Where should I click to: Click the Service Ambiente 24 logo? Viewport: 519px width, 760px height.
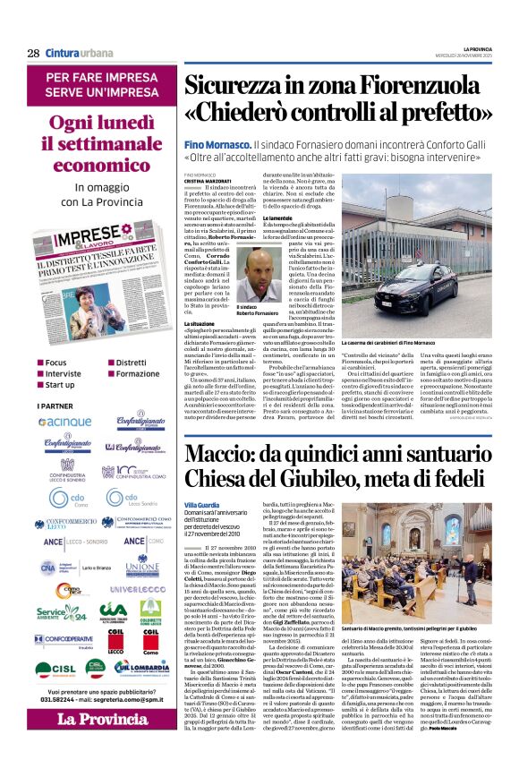[x=62, y=613]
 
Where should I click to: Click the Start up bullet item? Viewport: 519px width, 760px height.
[x=59, y=384]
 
